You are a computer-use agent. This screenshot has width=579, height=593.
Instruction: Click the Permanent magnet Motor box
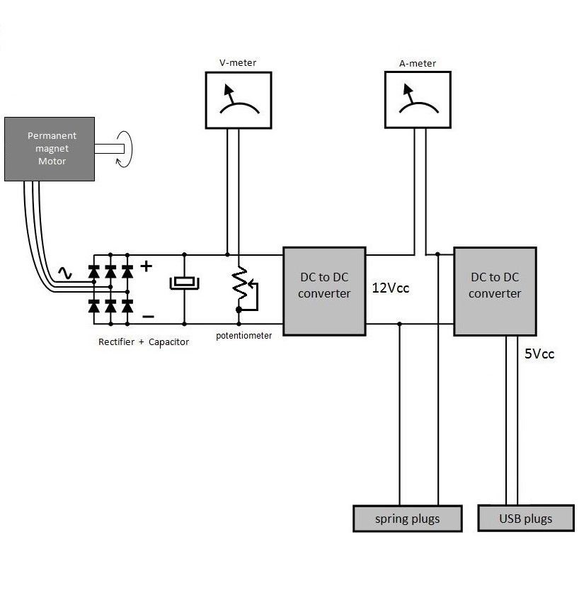coord(50,149)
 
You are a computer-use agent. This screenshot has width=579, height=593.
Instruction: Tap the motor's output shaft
coord(110,149)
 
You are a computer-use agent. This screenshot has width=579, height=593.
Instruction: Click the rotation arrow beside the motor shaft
coord(125,149)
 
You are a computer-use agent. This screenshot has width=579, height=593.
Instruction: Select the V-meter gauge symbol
coord(238,100)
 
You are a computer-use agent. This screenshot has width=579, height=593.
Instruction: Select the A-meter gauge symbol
coord(417,101)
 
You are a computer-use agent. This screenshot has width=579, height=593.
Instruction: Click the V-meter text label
coord(238,63)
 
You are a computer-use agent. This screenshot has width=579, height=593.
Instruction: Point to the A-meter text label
coord(418,63)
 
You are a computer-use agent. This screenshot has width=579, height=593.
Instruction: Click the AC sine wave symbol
coord(65,273)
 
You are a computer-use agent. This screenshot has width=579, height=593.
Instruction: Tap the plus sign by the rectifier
coord(147,266)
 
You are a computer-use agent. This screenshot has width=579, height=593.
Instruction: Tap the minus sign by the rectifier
coord(147,316)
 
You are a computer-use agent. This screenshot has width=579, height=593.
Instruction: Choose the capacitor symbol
coord(184,283)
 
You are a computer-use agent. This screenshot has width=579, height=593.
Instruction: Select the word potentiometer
coord(243,336)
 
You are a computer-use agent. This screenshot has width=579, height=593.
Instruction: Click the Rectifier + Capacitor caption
coord(144,342)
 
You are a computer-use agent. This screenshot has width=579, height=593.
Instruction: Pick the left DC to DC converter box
coord(324,290)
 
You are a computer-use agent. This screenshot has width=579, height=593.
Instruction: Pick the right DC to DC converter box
coord(495,290)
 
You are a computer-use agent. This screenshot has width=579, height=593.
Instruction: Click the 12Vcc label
coord(391,289)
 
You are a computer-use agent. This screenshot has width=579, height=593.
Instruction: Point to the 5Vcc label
coord(539,354)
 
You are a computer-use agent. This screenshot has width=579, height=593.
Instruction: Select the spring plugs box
coord(407,519)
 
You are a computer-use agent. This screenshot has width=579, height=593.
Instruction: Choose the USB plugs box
coord(525,518)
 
